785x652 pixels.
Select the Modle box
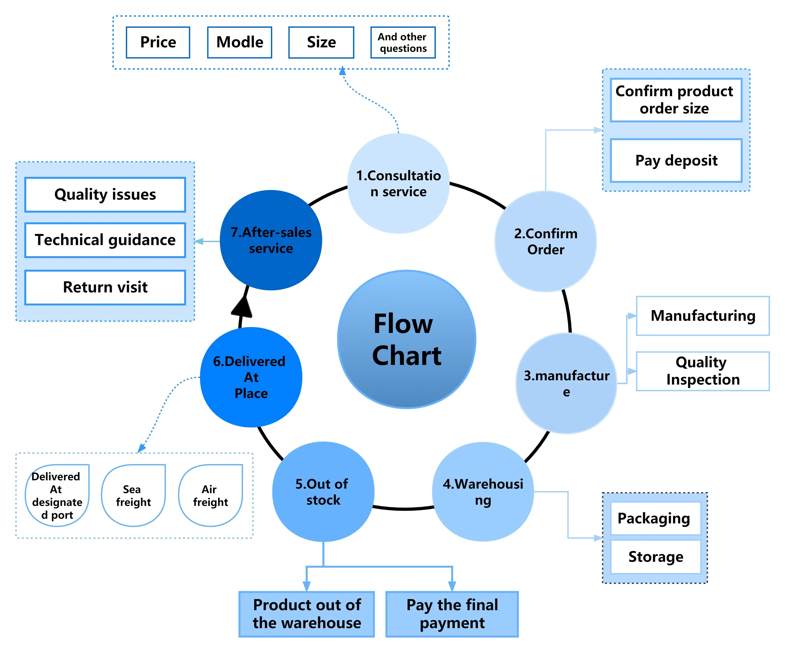click(x=240, y=42)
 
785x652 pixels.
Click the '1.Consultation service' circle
click(x=398, y=184)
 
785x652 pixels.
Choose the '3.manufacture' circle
click(x=566, y=383)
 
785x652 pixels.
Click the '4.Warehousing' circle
click(x=483, y=492)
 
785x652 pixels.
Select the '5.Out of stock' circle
click(x=323, y=492)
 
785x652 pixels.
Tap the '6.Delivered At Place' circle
click(x=251, y=377)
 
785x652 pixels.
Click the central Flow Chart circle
click(x=407, y=340)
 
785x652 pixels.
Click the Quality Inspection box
click(x=702, y=371)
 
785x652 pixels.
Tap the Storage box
click(x=655, y=557)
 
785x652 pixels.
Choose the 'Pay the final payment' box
click(x=452, y=614)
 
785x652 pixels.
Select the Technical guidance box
click(x=105, y=240)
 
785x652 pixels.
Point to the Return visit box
click(x=105, y=287)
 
